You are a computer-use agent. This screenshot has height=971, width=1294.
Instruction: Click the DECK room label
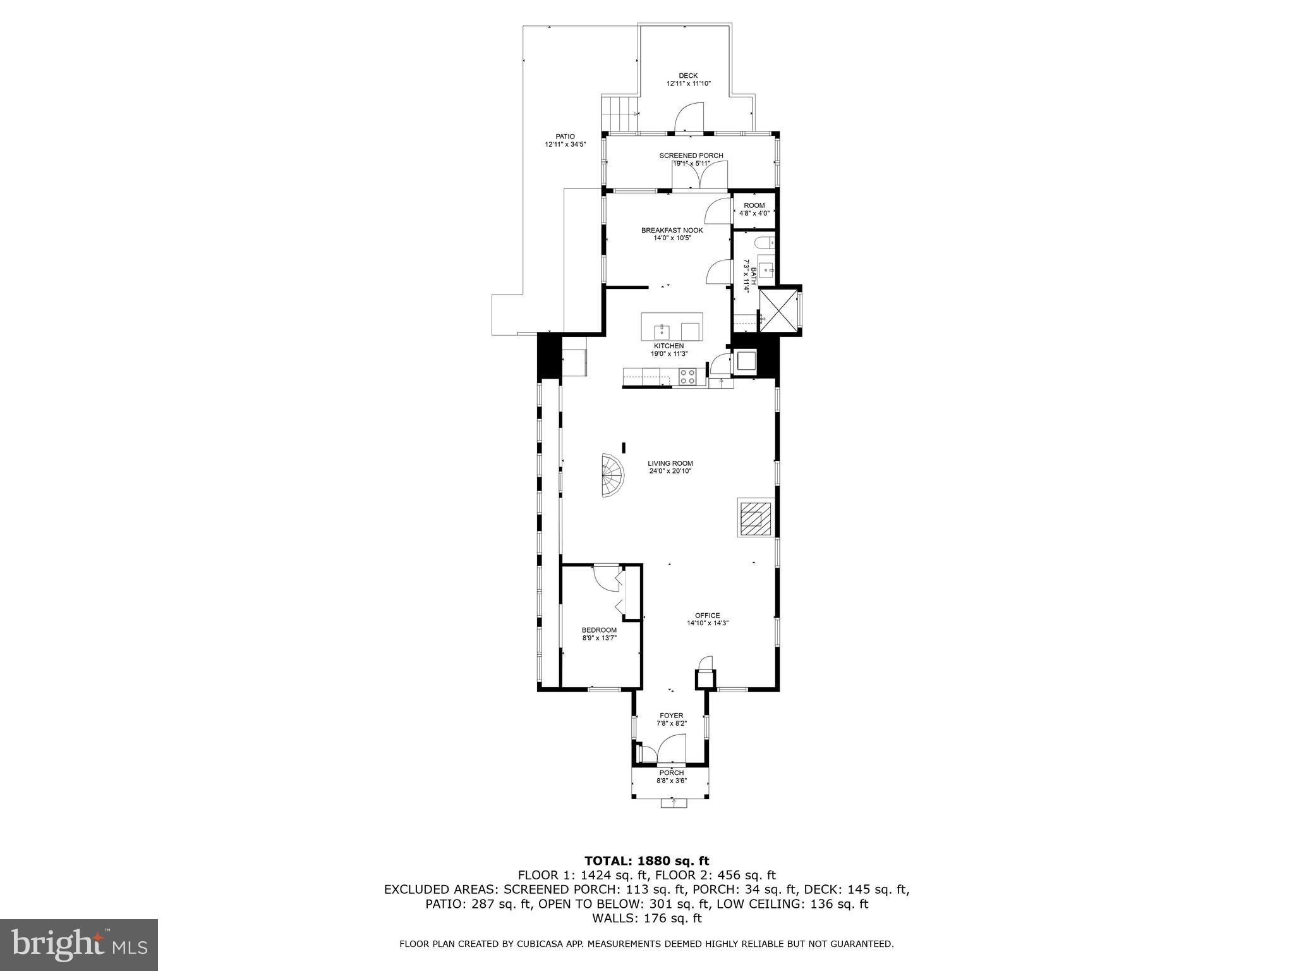click(688, 76)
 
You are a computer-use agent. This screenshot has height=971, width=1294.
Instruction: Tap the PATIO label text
click(565, 137)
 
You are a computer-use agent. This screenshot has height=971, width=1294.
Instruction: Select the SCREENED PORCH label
click(691, 156)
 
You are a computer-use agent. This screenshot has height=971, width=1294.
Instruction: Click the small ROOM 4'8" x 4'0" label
click(754, 205)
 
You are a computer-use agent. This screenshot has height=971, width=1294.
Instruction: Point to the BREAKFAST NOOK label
click(672, 231)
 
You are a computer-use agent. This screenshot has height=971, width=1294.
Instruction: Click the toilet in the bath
click(763, 242)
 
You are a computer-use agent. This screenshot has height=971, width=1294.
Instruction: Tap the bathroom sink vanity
click(766, 269)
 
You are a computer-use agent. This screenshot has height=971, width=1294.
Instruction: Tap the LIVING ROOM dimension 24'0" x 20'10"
click(670, 471)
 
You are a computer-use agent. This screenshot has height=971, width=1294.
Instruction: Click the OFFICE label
click(707, 615)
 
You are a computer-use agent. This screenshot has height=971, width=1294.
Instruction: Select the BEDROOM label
click(599, 630)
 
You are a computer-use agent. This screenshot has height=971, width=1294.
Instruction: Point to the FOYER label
click(670, 716)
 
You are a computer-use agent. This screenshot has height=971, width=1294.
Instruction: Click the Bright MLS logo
click(79, 944)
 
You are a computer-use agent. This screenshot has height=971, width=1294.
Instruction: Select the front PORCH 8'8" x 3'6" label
click(671, 773)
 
